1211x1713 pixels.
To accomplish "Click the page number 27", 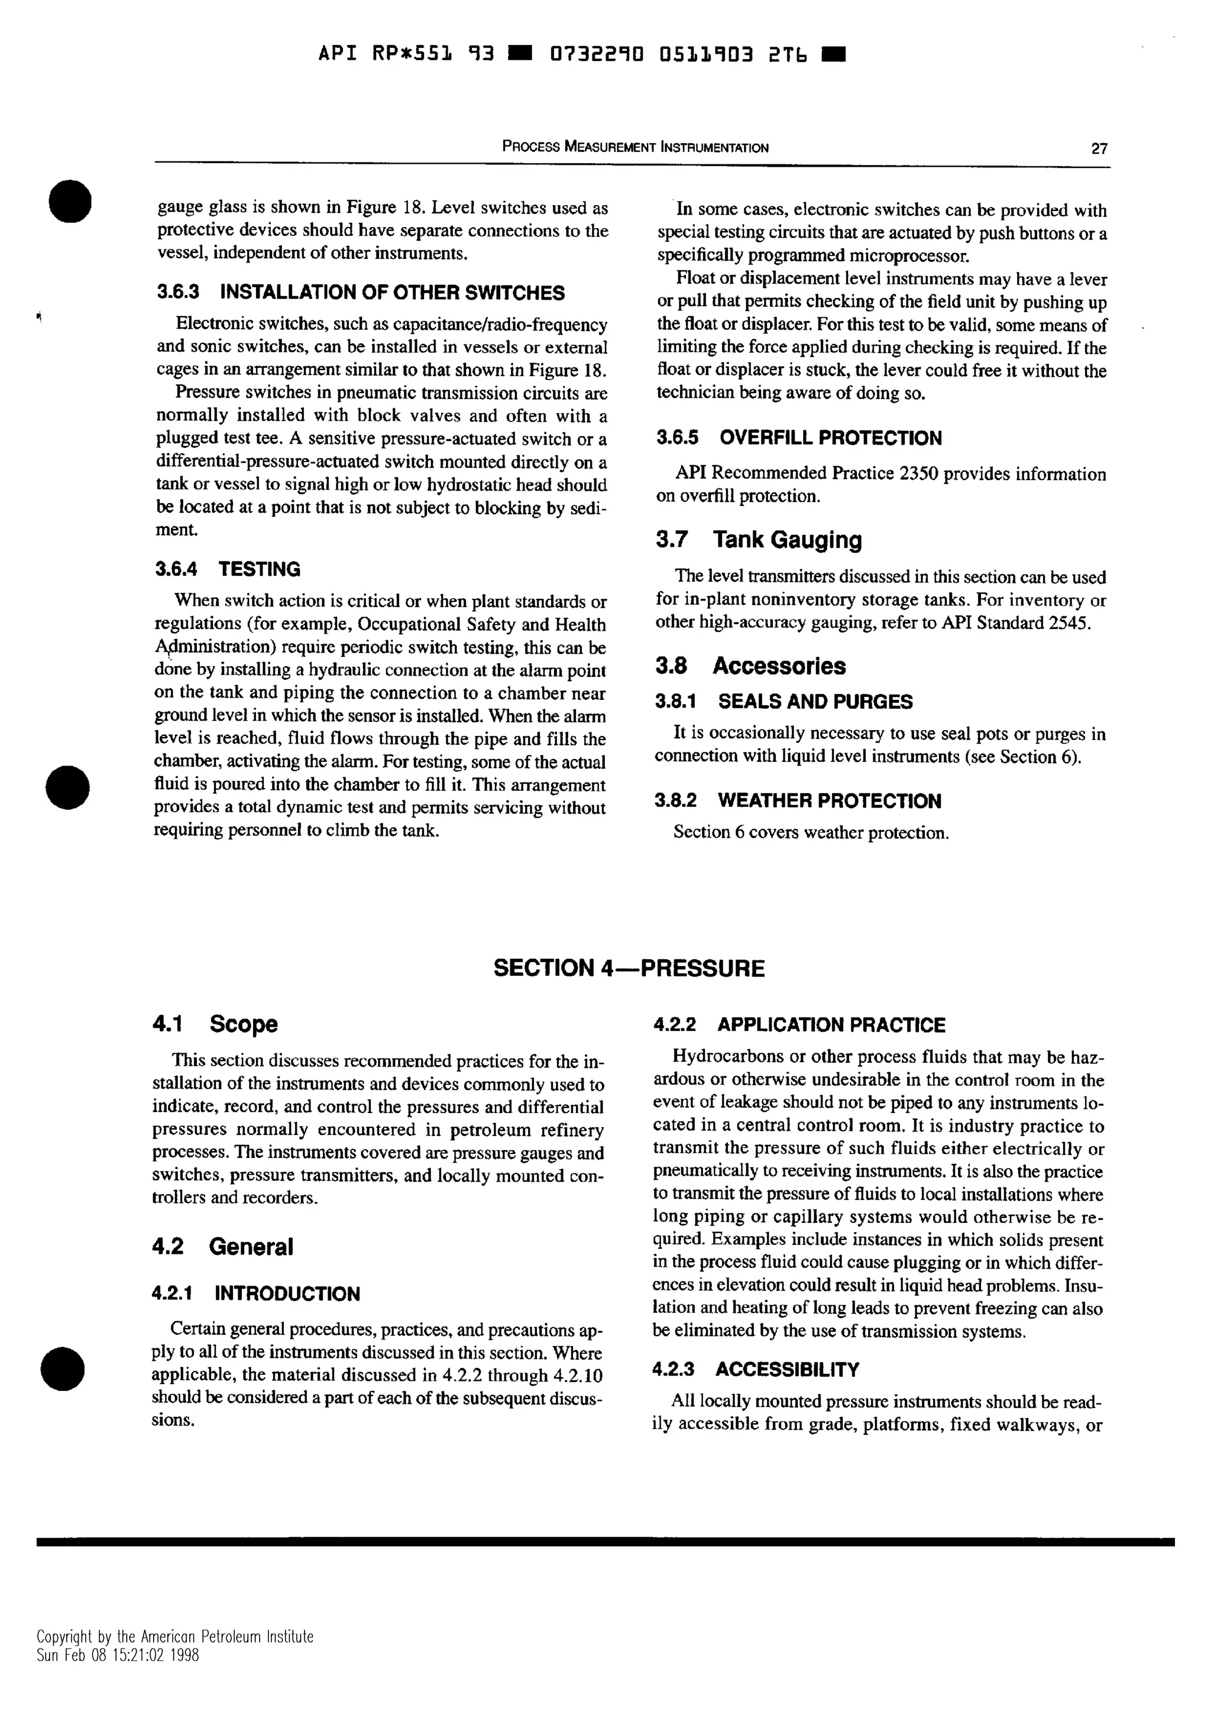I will point(1099,148).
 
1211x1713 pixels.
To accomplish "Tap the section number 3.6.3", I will point(177,293).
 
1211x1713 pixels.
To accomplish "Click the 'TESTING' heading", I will point(259,569).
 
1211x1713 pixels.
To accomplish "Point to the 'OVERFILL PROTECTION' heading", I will point(830,438).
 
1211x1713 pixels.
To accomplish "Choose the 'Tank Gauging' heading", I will point(786,540).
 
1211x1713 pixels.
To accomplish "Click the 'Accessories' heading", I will point(779,666).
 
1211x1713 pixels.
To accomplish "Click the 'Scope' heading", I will point(243,1024).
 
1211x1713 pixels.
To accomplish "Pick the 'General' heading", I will point(251,1247).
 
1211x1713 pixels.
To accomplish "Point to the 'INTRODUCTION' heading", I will point(287,1294).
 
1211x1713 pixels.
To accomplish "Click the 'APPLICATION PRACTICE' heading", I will point(830,1025).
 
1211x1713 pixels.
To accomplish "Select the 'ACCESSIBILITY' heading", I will point(786,1370).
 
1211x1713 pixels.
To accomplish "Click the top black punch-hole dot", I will point(70,202).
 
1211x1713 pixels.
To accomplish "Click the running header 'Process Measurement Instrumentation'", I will point(635,147).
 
